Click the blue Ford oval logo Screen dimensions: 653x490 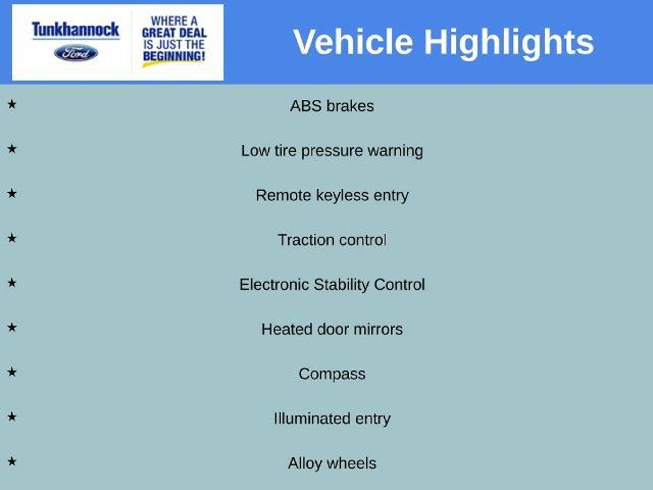coord(76,53)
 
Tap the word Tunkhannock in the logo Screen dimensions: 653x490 coord(76,30)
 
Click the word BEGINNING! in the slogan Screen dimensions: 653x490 coord(174,56)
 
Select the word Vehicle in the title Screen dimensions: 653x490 coord(353,42)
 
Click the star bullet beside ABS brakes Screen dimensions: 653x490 coord(12,104)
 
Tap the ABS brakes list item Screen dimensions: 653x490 coord(332,106)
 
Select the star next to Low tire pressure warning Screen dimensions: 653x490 coord(12,149)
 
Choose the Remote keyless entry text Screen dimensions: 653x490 coord(332,196)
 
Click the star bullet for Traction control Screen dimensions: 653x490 coord(12,238)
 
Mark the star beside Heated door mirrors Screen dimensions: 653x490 coord(12,327)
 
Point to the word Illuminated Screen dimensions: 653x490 coord(312,419)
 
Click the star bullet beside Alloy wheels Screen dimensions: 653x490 coord(12,461)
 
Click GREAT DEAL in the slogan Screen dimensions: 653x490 coord(174,33)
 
